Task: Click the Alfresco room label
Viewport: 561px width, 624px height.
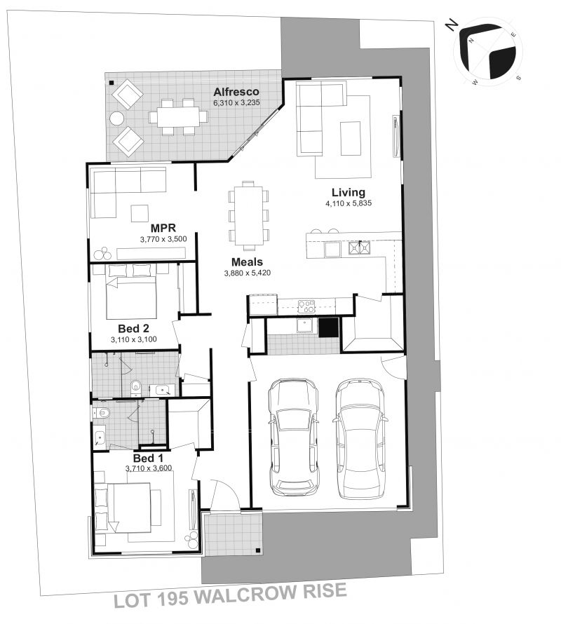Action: point(236,92)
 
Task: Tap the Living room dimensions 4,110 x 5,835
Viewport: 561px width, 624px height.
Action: point(349,203)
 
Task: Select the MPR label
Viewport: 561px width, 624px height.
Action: point(163,228)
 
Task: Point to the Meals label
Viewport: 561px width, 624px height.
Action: point(248,262)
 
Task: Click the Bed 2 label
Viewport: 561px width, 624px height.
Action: point(133,328)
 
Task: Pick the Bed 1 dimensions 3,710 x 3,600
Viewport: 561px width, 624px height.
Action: point(149,468)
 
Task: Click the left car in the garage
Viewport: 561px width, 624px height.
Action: point(294,437)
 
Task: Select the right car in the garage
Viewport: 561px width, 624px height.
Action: point(360,440)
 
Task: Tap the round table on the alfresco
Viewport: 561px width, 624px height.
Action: point(117,118)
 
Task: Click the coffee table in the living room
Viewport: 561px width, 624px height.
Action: point(351,138)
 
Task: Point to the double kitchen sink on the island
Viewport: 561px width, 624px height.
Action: point(360,248)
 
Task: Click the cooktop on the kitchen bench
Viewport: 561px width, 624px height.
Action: point(306,306)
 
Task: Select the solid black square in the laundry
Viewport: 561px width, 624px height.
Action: point(328,327)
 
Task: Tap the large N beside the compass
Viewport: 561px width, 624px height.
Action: point(451,26)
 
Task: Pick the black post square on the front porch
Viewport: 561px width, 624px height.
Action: point(257,551)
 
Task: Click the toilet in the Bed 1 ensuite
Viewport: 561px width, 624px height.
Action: point(102,413)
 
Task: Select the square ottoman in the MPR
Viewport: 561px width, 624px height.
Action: point(140,213)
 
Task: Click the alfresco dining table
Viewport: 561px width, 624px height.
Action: point(178,117)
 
